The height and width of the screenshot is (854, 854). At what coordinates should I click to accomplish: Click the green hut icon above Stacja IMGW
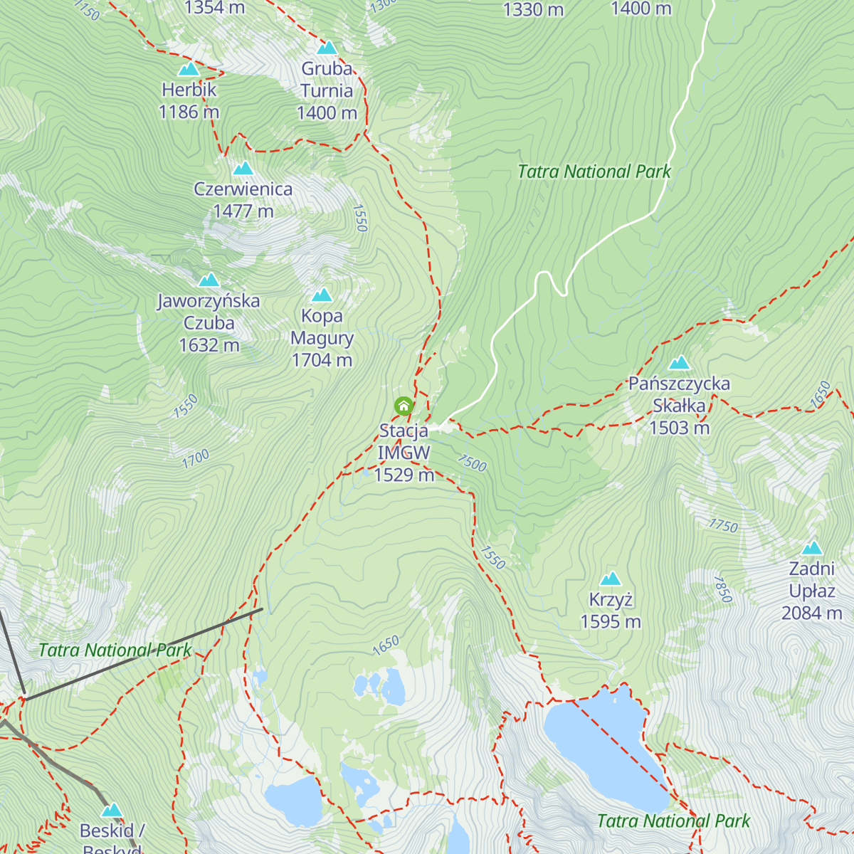tap(404, 406)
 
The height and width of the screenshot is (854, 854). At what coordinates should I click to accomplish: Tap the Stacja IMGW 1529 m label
tap(404, 453)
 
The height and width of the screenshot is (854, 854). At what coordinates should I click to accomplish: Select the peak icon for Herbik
tap(189, 69)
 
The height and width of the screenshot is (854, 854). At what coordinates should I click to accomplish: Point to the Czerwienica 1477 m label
tap(243, 200)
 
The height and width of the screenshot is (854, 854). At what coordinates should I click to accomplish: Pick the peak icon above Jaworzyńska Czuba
tap(209, 280)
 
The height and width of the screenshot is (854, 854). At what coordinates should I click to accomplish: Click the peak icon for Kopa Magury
tap(322, 295)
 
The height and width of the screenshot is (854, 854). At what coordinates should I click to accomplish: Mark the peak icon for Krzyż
tap(611, 579)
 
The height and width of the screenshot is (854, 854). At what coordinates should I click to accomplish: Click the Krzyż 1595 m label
tap(611, 611)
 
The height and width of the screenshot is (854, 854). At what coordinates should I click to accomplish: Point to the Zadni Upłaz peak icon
tap(812, 548)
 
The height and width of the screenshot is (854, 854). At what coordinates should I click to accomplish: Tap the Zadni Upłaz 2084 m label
tap(812, 591)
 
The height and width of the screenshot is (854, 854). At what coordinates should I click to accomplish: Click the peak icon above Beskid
tap(112, 811)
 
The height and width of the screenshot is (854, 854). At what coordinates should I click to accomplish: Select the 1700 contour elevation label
tap(196, 459)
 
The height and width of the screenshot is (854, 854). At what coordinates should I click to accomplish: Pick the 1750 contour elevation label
tap(723, 526)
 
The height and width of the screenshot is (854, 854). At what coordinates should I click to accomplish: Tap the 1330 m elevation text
tap(533, 10)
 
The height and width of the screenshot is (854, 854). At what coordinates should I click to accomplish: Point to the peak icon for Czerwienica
tap(243, 169)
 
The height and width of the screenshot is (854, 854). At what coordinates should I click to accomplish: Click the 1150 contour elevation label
tap(87, 10)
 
